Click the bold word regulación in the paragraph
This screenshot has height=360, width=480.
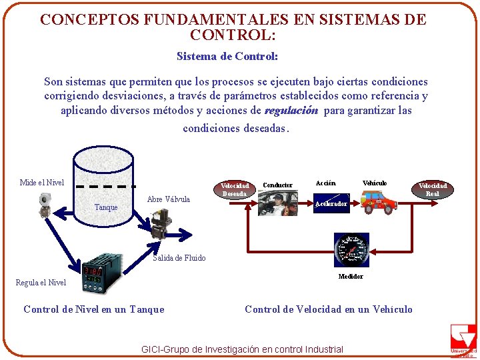291,111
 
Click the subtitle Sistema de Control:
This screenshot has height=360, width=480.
227,57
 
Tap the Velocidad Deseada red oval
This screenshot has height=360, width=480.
235,189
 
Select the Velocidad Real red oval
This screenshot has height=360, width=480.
432,189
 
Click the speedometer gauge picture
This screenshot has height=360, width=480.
351,251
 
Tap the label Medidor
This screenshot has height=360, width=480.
351,276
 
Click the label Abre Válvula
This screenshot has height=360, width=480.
169,199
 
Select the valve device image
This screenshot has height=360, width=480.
161,223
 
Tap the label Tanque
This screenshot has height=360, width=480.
106,207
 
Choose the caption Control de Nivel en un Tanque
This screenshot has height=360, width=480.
93,309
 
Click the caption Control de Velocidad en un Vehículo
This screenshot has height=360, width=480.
329,309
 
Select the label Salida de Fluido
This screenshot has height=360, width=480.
179,258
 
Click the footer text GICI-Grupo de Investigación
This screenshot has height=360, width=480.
243,349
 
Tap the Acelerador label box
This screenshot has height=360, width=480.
332,204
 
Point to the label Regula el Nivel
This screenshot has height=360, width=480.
41,283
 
